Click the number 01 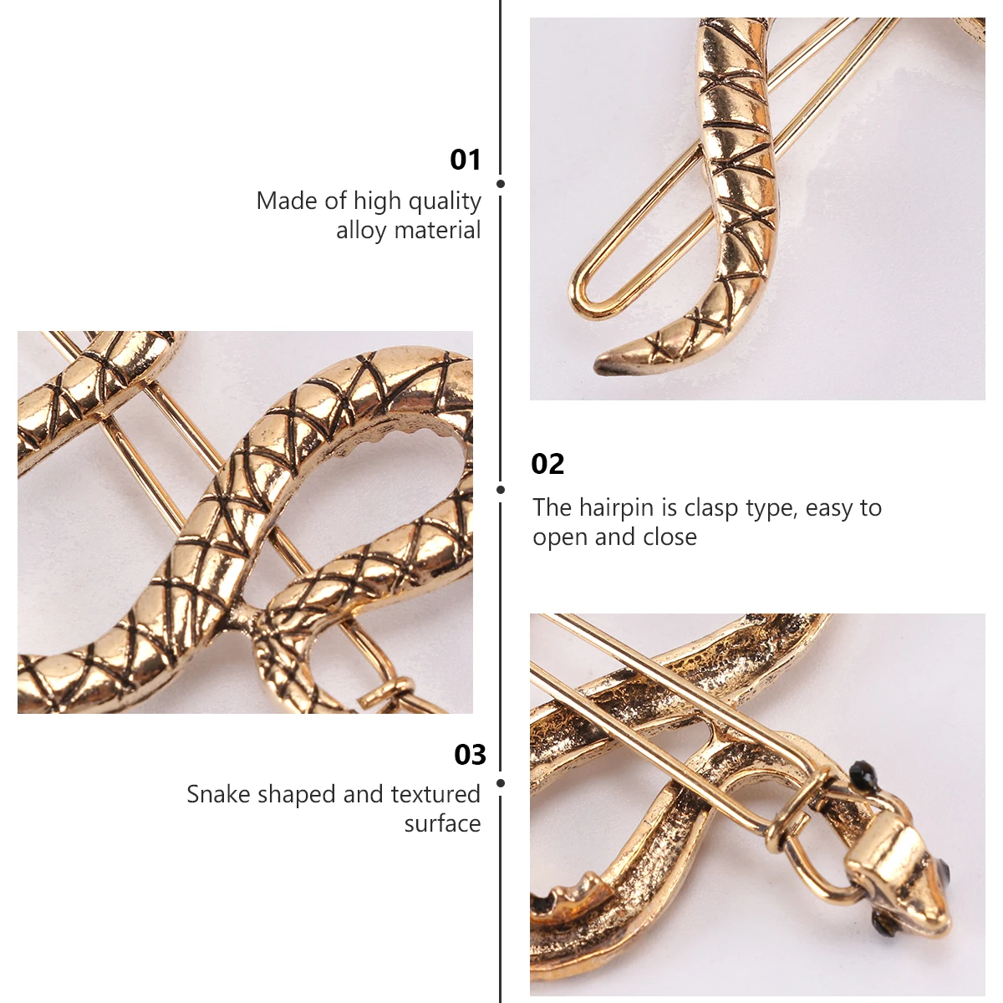click(x=466, y=159)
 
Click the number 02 click(x=547, y=463)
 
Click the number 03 click(x=470, y=755)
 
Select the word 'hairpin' click(x=616, y=508)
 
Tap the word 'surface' click(x=442, y=824)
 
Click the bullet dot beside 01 click(x=501, y=184)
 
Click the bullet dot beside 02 click(x=501, y=490)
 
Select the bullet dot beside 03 click(x=501, y=783)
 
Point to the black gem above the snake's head click(x=860, y=771)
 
